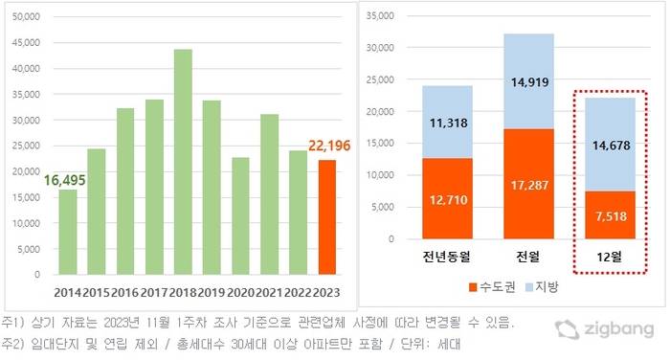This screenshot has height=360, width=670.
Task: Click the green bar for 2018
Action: coord(183,162)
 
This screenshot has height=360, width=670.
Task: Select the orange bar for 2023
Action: coord(327,217)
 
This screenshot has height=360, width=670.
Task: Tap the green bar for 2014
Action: coord(68,232)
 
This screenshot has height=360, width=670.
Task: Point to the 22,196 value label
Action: coord(329,146)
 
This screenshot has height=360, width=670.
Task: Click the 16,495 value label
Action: coord(64,180)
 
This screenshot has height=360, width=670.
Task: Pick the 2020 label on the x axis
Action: coord(240,293)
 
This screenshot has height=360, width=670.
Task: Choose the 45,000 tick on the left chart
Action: coord(26,43)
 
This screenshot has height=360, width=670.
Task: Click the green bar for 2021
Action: coord(270,194)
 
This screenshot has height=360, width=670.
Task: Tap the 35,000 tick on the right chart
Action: coord(380,16)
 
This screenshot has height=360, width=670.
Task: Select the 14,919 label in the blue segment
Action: coord(530,82)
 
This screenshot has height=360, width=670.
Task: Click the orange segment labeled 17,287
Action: coord(529,184)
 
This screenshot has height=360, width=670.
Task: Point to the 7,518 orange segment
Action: coord(611,214)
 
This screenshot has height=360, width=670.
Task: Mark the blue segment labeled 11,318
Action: coord(448,122)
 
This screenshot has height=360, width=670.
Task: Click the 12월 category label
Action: coord(610,257)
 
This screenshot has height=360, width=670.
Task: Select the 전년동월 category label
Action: coord(447,257)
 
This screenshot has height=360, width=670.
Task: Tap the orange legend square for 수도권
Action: coord(473,287)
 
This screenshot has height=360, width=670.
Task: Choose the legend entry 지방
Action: coord(543,287)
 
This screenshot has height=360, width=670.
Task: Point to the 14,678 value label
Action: coord(611,146)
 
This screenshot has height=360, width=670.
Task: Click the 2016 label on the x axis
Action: coord(124,293)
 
